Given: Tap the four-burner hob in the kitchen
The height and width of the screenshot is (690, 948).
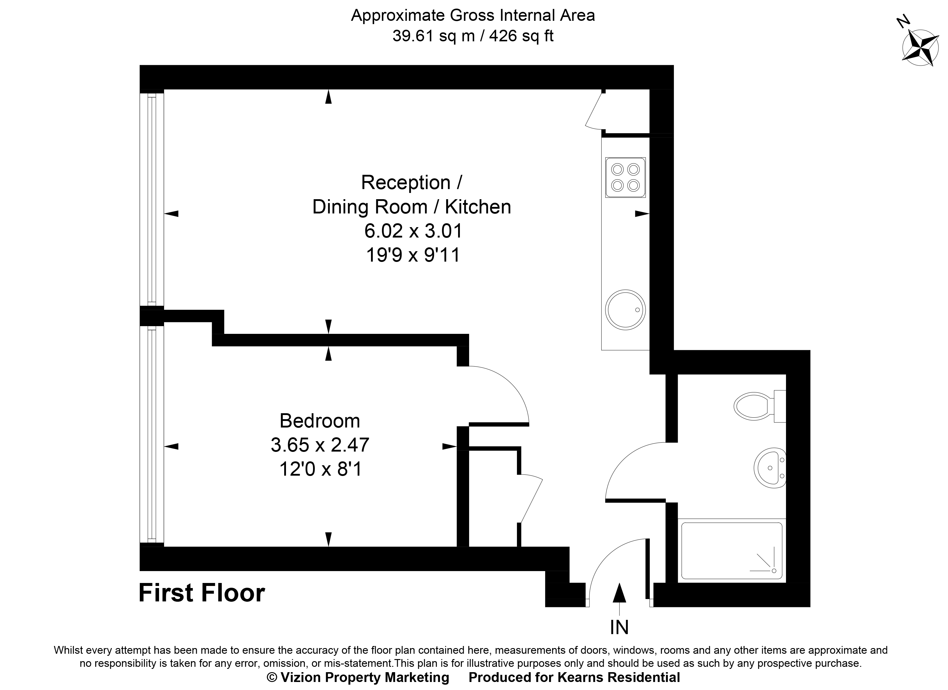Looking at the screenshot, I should tap(625, 177).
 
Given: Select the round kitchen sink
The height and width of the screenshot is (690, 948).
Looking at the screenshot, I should tap(625, 310).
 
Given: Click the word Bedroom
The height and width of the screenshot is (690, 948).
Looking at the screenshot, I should tap(320, 421).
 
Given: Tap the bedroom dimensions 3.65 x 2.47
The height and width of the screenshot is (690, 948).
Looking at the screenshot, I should tap(320, 445).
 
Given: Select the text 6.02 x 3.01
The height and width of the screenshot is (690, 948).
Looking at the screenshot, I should tap(413, 231).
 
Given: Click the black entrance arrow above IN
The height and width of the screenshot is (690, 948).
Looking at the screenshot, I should tap(619, 593).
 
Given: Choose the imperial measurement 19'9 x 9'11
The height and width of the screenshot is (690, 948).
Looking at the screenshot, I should tap(413, 255).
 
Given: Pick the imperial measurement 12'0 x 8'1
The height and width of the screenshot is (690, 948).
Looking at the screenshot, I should tap(320, 469).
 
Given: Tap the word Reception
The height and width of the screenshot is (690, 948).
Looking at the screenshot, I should tap(405, 183).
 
